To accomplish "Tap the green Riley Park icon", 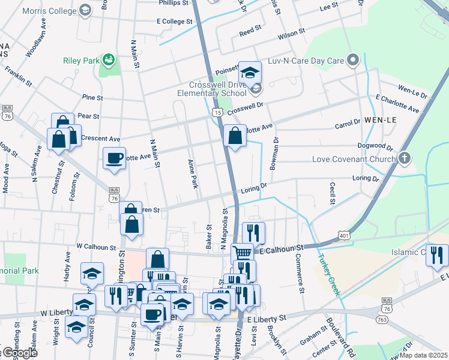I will point(109,59).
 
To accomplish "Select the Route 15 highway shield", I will point(218,112).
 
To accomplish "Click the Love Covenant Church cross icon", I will point(405,159).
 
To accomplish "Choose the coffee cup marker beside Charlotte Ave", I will point(114,158).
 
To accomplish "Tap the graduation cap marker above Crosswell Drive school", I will point(250,73).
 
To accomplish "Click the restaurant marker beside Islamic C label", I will point(437,255).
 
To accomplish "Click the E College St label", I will point(173,21).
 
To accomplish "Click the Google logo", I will point(19,353).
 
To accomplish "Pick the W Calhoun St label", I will point(96,247).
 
